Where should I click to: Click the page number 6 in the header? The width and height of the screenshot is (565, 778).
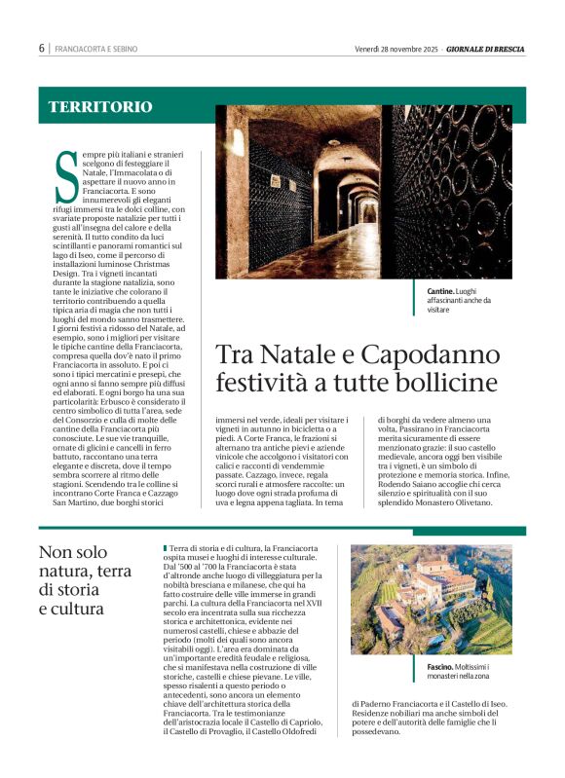42,48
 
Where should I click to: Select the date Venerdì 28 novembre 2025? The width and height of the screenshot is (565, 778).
396,48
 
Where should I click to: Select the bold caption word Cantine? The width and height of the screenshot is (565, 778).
439,291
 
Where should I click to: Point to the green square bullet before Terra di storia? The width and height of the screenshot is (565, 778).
166,550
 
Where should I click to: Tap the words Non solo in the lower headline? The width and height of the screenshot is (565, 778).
72,551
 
